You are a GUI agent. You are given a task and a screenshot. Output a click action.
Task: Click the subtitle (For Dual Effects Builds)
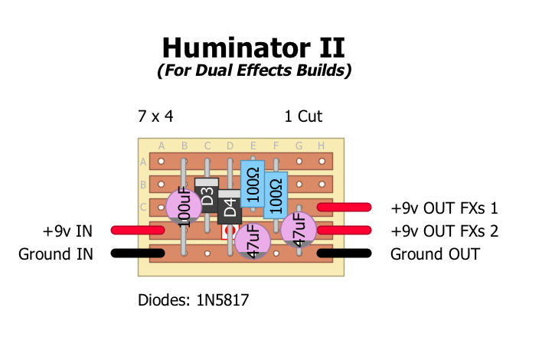[x=254, y=71]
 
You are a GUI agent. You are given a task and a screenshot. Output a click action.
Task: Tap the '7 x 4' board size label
[x=155, y=116]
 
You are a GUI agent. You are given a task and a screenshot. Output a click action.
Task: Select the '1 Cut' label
[x=303, y=116]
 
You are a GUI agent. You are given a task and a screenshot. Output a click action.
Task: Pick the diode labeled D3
[x=207, y=197]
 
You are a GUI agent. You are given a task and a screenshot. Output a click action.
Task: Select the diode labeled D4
[x=230, y=208]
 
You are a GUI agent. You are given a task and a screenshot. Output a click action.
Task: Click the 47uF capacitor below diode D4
[x=253, y=241]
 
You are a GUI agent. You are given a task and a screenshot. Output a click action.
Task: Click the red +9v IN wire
[x=138, y=230]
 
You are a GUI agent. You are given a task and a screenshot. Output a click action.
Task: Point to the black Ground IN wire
[x=138, y=253]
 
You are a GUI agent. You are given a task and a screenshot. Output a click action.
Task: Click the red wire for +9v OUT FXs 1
[x=344, y=207]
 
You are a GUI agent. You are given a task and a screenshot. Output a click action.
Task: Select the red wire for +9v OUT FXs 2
[x=344, y=230]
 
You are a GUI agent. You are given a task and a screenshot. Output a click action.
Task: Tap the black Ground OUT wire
[x=344, y=253]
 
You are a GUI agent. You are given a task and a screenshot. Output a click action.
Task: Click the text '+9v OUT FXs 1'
[x=444, y=208]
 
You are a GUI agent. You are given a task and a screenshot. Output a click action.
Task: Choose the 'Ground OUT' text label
[x=435, y=254]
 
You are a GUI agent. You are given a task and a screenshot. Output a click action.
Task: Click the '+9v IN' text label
[x=67, y=231]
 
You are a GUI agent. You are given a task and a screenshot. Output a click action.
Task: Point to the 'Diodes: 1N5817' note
[x=193, y=299]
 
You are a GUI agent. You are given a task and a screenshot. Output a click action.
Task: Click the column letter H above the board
[x=322, y=146]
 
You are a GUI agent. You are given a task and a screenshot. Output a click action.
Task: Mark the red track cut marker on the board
[x=229, y=231]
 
